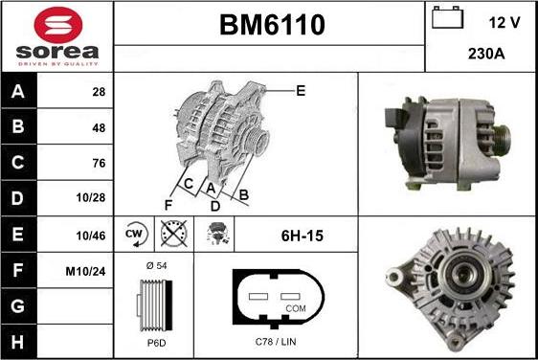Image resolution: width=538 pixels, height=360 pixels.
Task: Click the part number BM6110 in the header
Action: coord(269,25)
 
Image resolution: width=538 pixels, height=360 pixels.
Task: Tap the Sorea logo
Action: coord(57,36)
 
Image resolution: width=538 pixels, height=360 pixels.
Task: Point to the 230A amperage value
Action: coord(485,54)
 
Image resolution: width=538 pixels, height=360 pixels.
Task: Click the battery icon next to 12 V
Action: coord(448,18)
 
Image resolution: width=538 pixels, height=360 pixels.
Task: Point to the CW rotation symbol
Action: coord(134,234)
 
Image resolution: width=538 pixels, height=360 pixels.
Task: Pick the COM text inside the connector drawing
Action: coord(297,309)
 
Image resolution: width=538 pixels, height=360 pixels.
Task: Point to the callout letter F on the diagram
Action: coord(168,204)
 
